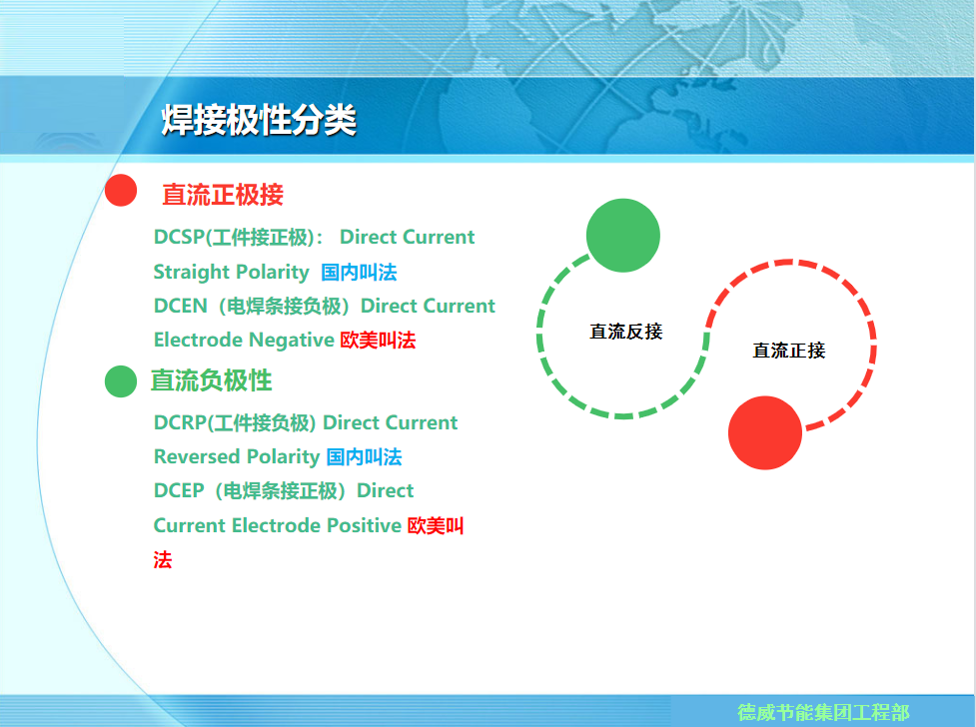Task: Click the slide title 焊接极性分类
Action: click(259, 120)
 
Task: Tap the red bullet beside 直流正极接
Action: click(121, 190)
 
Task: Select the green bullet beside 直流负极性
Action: click(121, 380)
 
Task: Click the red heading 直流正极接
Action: click(223, 195)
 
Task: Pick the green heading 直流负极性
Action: click(211, 380)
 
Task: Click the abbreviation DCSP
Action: click(179, 237)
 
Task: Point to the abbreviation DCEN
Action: click(181, 306)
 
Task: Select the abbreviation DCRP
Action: click(180, 422)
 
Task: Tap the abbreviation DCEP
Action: click(179, 490)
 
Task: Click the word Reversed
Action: click(198, 456)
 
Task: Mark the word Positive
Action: click(365, 525)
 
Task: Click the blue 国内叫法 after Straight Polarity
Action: click(359, 272)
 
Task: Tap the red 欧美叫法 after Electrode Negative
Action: click(378, 340)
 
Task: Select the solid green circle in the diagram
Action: click(623, 236)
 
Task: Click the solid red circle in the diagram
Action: click(765, 432)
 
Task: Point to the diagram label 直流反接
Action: click(626, 332)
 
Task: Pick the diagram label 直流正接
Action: click(788, 351)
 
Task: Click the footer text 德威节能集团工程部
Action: click(823, 712)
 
